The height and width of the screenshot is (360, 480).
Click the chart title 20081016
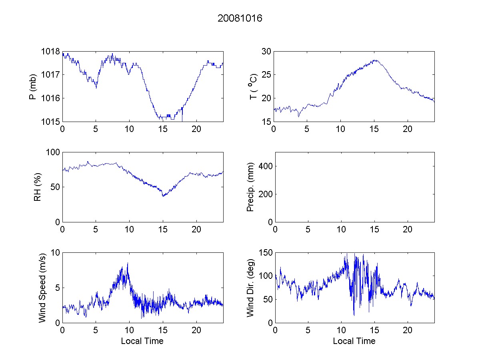click(240, 18)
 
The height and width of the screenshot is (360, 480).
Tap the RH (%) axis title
click(38, 187)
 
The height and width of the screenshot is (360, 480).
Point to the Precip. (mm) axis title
click(251, 187)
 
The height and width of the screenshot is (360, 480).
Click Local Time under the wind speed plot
click(142, 341)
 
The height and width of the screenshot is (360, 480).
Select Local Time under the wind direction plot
click(354, 341)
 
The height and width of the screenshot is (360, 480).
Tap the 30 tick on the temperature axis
click(266, 52)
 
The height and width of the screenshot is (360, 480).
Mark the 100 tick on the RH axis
click(53, 152)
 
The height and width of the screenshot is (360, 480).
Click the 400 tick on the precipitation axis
click(264, 166)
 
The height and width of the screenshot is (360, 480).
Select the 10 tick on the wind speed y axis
click(55, 253)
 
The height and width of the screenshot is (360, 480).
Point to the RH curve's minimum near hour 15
click(163, 196)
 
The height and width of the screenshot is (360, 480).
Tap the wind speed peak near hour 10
click(128, 263)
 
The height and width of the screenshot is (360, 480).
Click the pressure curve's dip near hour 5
click(96, 88)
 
